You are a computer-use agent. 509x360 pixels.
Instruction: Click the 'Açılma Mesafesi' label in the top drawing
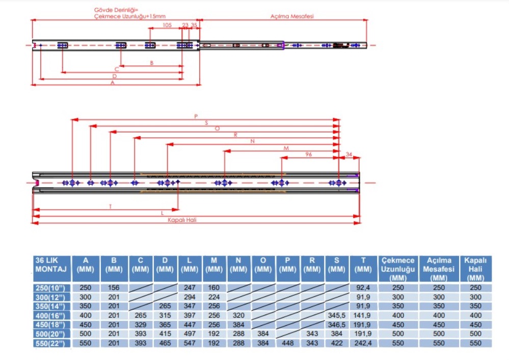(292, 16)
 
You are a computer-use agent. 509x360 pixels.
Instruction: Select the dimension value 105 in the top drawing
(167, 24)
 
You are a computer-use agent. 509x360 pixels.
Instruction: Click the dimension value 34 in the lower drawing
(349, 154)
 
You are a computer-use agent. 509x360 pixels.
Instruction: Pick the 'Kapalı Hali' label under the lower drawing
(182, 220)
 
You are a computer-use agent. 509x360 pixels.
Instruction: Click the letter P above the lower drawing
(196, 116)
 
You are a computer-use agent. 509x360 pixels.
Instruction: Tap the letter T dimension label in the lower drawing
(110, 207)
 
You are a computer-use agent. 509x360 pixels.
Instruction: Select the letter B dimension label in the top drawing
(151, 63)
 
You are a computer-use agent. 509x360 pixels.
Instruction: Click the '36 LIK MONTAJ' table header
(51, 264)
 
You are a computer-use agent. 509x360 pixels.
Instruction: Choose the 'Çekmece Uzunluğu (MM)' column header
(398, 268)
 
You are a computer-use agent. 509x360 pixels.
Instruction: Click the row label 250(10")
(51, 288)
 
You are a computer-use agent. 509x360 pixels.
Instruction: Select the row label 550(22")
(51, 344)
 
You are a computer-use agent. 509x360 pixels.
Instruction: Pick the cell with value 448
(288, 344)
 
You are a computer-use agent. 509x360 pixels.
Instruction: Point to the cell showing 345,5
(337, 316)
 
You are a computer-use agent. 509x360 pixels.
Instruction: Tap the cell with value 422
(337, 344)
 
